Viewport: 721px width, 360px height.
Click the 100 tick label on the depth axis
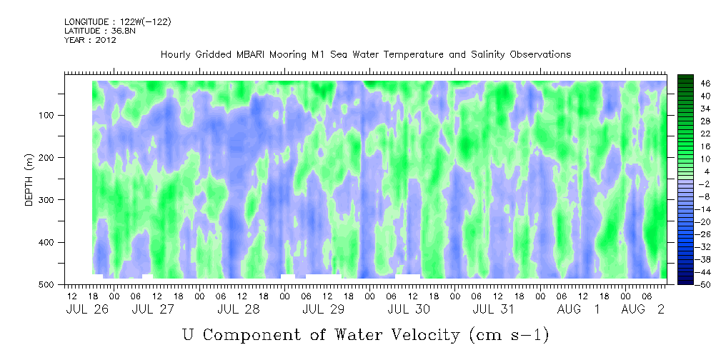pos(49,115)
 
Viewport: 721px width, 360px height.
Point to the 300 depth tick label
pos(49,200)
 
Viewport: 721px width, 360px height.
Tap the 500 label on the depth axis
pos(49,284)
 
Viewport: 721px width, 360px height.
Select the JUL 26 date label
pos(87,309)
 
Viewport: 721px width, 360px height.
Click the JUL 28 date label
pos(238,309)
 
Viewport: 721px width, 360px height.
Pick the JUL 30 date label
pos(409,309)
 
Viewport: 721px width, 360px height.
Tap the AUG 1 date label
pos(578,309)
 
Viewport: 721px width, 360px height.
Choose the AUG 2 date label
pos(643,309)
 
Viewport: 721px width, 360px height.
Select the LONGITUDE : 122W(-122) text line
pos(118,21)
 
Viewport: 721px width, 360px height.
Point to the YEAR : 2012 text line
pos(91,40)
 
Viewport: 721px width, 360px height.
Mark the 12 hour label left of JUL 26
pos(71,296)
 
